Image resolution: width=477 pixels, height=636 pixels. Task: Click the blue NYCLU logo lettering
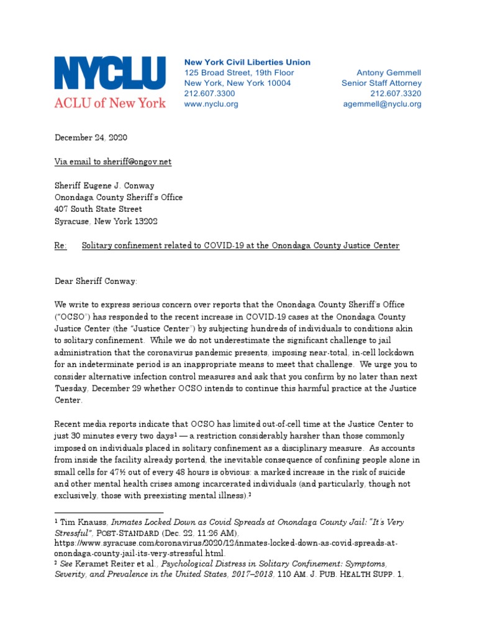pyautogui.click(x=110, y=74)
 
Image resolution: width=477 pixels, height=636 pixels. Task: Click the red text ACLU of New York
pyautogui.click(x=110, y=102)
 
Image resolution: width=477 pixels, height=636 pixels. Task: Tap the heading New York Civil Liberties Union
pyautogui.click(x=247, y=62)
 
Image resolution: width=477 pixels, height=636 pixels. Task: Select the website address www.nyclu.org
pyautogui.click(x=211, y=104)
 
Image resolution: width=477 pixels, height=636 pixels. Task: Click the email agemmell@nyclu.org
pyautogui.click(x=382, y=104)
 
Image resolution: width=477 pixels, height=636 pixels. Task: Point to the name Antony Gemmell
pyautogui.click(x=389, y=73)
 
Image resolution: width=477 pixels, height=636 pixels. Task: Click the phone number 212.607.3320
pyautogui.click(x=396, y=93)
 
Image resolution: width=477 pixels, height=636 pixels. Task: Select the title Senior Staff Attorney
pyautogui.click(x=381, y=83)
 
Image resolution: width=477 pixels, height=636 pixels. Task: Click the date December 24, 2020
pyautogui.click(x=91, y=137)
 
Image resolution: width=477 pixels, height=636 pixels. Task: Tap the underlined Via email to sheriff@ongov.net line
pyautogui.click(x=113, y=161)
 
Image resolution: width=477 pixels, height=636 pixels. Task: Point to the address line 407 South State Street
pyautogui.click(x=98, y=209)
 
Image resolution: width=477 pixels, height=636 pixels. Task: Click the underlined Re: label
pyautogui.click(x=60, y=246)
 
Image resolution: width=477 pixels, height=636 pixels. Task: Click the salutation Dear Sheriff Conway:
pyautogui.click(x=96, y=281)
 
